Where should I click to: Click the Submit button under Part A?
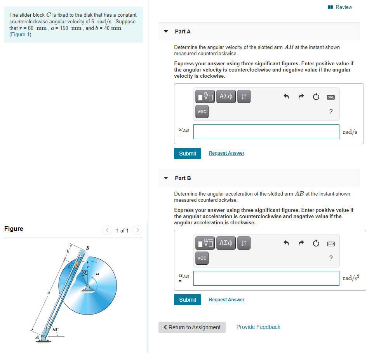click(188, 154)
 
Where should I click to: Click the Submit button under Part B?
click(188, 300)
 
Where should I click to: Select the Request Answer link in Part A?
click(226, 153)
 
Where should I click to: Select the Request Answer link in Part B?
click(226, 300)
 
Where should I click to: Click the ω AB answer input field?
click(266, 132)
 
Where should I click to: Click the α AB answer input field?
click(266, 278)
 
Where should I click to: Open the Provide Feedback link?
click(258, 327)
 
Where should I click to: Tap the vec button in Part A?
click(202, 112)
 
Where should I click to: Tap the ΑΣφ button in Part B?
click(226, 243)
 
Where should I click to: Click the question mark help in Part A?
click(331, 112)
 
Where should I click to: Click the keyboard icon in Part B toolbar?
click(331, 243)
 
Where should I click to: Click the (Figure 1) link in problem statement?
click(20, 35)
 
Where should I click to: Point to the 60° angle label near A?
click(56, 329)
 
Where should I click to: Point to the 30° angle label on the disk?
click(84, 272)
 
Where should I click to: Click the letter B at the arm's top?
click(87, 248)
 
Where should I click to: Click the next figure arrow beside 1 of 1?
click(137, 231)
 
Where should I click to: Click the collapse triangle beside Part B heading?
click(166, 178)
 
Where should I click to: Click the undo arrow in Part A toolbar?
click(286, 96)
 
